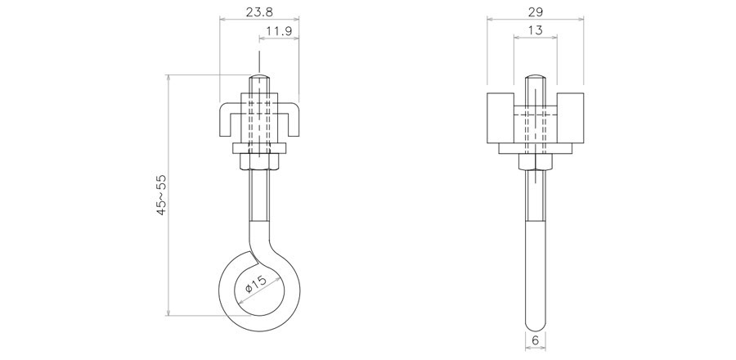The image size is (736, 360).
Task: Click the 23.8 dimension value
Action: [x=259, y=11]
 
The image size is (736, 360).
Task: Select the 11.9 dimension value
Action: [x=280, y=31]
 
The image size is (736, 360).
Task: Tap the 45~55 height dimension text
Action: [x=161, y=195]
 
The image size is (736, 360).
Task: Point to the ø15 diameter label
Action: [x=256, y=284]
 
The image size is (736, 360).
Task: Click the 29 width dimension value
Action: [x=535, y=11]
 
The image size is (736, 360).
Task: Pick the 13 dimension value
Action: [x=535, y=30]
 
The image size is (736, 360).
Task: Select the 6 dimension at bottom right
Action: [x=535, y=340]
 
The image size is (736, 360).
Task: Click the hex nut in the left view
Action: [x=259, y=161]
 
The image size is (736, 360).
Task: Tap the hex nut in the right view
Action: [x=535, y=161]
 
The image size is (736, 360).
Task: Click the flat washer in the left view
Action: [x=259, y=148]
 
